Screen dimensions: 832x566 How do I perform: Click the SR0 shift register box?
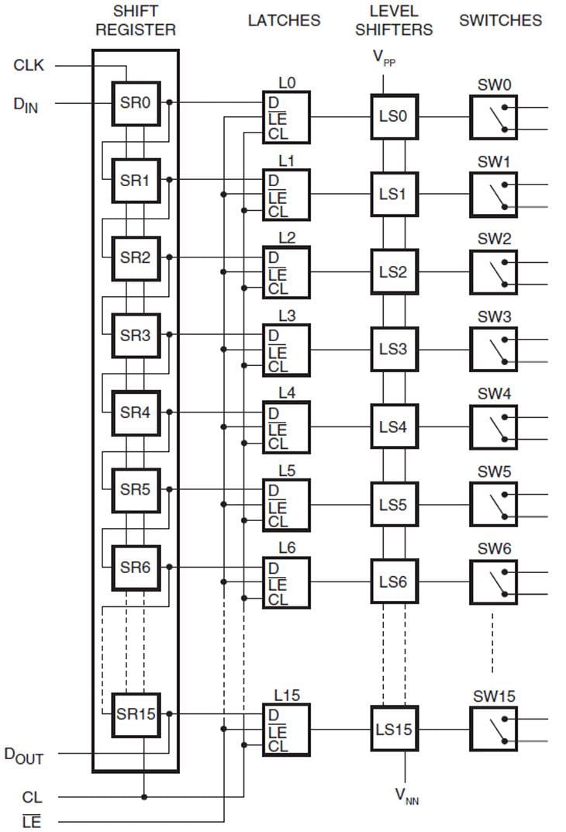[135, 102]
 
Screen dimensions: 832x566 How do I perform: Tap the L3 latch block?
[286, 350]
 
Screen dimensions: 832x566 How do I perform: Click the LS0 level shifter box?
[393, 117]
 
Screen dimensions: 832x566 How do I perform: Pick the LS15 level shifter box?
[394, 730]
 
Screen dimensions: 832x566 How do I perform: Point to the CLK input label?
[29, 65]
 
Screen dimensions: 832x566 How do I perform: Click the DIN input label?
[25, 104]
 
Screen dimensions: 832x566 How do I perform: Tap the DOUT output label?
[23, 754]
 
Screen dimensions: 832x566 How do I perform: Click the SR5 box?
[135, 490]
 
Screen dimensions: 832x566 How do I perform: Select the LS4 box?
[393, 427]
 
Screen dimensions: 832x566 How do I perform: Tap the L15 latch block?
[286, 730]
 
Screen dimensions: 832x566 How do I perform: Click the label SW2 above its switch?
[494, 239]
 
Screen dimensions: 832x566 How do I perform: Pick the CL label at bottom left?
[32, 797]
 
